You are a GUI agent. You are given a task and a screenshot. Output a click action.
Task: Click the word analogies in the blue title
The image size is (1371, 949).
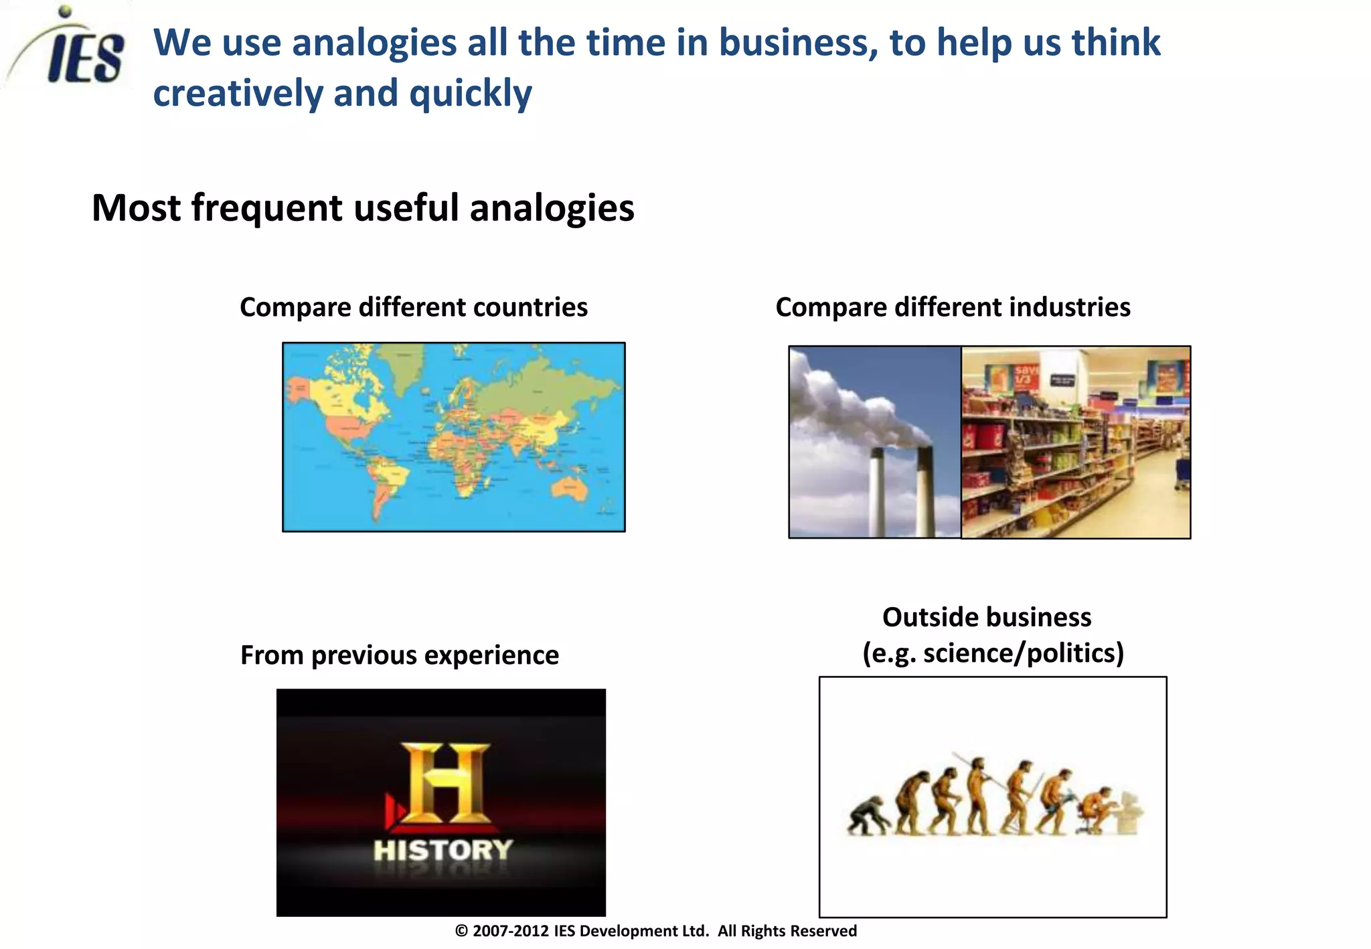click(x=374, y=43)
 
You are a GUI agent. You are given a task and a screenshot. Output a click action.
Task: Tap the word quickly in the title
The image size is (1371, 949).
click(x=470, y=93)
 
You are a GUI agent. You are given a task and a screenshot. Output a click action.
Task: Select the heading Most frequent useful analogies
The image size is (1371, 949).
click(x=363, y=208)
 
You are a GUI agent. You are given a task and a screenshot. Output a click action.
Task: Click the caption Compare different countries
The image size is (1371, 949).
click(x=414, y=307)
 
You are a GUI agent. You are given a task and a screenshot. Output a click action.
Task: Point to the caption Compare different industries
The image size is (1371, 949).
click(x=953, y=307)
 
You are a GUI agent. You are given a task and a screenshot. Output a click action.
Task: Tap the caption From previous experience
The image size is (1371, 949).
click(x=400, y=655)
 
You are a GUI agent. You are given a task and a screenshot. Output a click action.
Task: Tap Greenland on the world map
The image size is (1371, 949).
click(x=405, y=368)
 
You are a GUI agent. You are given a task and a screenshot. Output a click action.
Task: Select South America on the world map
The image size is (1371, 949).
click(x=388, y=482)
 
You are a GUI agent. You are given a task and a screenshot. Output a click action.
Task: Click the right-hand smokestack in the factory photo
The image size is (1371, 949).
click(x=925, y=492)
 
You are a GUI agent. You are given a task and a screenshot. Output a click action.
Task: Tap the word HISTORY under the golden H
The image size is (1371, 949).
click(x=443, y=851)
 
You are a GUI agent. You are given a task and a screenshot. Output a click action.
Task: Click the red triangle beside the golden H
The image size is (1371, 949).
click(x=394, y=810)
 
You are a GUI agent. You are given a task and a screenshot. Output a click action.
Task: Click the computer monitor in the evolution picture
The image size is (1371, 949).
click(x=1130, y=811)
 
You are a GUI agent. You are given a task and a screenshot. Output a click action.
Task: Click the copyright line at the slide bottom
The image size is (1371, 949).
click(x=655, y=931)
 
